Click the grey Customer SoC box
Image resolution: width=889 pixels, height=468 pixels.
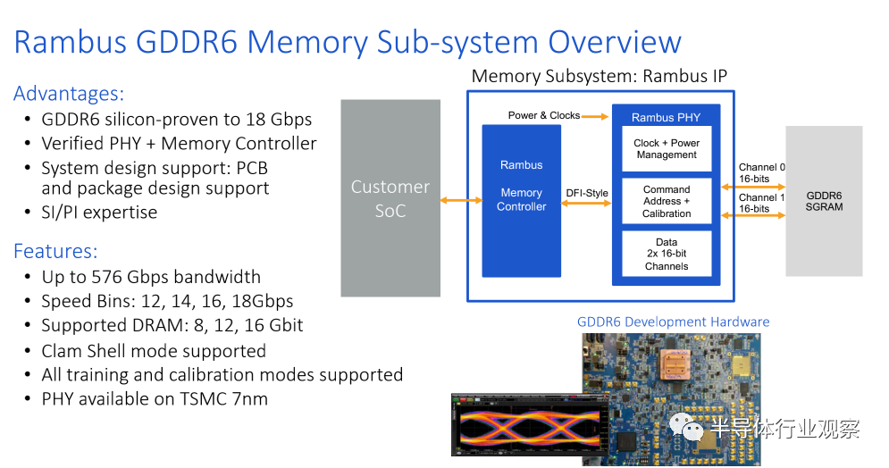[x=390, y=198]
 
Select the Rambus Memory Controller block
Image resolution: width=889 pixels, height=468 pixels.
[x=521, y=200]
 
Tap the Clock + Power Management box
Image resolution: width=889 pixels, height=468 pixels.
[x=667, y=149]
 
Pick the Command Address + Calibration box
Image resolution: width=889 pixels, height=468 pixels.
[x=667, y=202]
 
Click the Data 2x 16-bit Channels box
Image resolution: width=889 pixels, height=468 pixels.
[x=667, y=255]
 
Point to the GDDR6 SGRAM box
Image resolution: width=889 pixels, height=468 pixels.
[x=824, y=201]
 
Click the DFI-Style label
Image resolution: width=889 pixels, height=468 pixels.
[x=587, y=192]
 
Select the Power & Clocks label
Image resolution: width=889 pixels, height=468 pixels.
[x=543, y=115]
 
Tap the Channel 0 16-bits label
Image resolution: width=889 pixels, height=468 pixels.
[x=761, y=173]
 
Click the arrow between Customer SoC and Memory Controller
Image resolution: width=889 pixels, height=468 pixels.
[x=461, y=200]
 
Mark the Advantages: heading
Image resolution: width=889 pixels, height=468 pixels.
[x=69, y=93]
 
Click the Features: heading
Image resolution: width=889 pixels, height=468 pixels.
[x=55, y=251]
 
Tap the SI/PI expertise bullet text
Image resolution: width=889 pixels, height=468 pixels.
[x=99, y=213]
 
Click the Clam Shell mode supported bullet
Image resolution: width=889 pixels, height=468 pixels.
[x=154, y=351]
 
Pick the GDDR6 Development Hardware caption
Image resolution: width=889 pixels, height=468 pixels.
[x=673, y=322]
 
